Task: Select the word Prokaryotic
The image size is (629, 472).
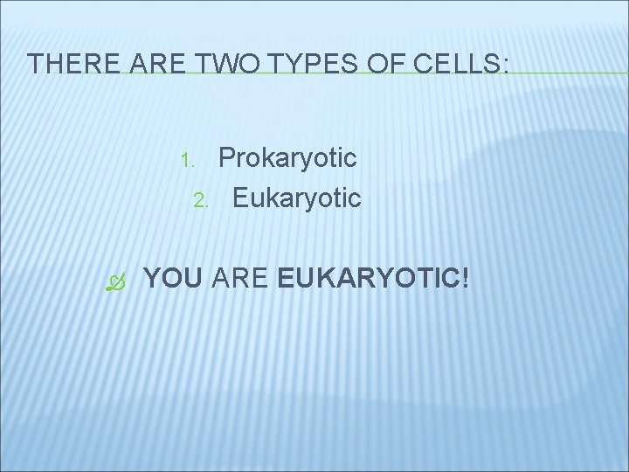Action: [x=287, y=158]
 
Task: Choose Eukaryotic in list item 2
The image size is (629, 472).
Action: [x=296, y=198]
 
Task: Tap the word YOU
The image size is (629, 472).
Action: [x=173, y=280]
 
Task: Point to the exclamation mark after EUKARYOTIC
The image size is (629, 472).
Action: [x=465, y=280]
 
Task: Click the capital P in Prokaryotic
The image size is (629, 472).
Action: [x=227, y=157]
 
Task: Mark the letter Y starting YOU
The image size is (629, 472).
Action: [x=151, y=280]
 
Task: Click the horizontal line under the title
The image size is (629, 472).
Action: [x=559, y=73]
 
